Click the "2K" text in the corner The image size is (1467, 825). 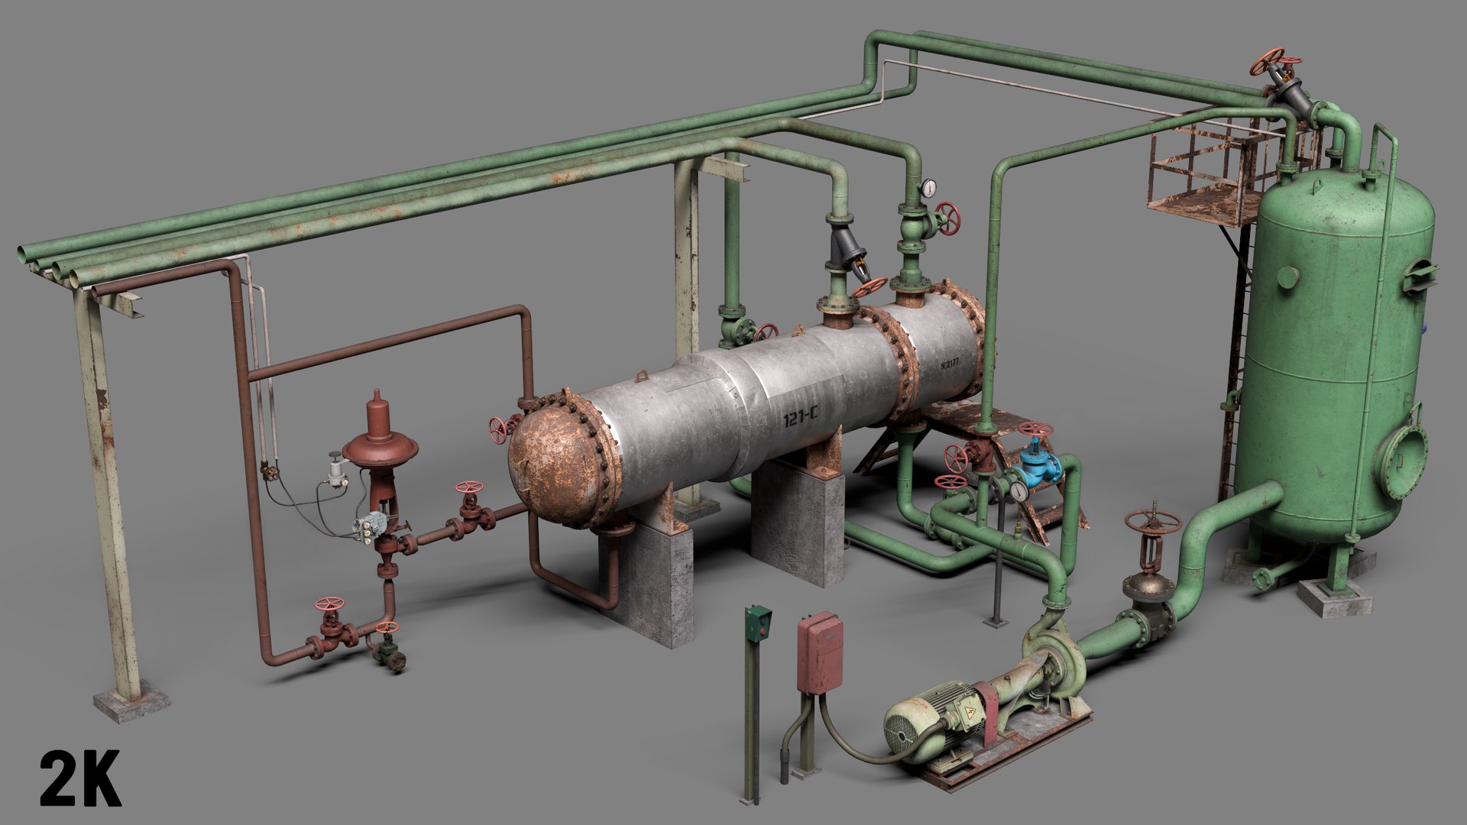[x=80, y=778]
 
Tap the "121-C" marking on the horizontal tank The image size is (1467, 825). [x=800, y=417]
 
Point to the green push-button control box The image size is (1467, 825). [x=757, y=623]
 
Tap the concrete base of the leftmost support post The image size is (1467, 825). [x=131, y=703]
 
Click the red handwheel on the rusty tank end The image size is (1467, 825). [x=500, y=430]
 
